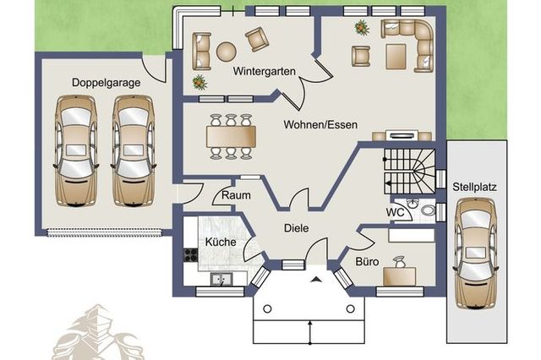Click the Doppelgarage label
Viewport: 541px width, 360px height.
(x=106, y=83)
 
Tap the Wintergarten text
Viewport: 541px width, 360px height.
(x=265, y=71)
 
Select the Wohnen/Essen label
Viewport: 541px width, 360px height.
(x=320, y=124)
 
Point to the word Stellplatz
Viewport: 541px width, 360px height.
(x=474, y=188)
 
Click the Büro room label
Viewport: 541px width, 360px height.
(x=367, y=262)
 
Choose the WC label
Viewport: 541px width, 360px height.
(x=395, y=212)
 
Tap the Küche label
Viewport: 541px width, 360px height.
(x=221, y=242)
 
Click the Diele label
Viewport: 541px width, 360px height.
(x=297, y=228)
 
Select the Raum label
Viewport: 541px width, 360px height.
(x=236, y=195)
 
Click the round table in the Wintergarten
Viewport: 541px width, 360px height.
(x=227, y=52)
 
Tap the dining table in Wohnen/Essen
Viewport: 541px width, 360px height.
(x=231, y=137)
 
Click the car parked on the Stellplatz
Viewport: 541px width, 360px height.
(x=476, y=254)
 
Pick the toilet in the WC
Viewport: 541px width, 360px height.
(x=428, y=210)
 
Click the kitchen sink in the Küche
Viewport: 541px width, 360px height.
(x=221, y=280)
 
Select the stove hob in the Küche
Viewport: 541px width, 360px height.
(x=190, y=255)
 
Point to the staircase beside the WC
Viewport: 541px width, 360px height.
(x=409, y=171)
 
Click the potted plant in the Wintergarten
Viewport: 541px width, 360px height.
(x=199, y=83)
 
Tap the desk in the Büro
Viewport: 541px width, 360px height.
(x=400, y=276)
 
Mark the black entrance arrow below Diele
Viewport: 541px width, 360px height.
(x=315, y=280)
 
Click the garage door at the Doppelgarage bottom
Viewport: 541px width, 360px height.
(x=105, y=233)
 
